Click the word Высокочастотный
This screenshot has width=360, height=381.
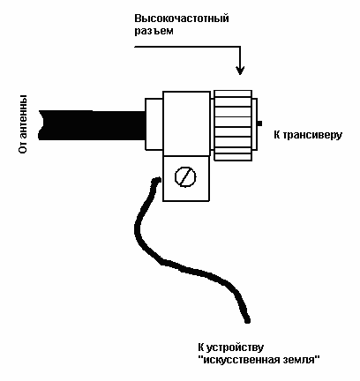182,19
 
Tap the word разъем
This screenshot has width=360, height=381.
154,31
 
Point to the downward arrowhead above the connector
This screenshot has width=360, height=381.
240,70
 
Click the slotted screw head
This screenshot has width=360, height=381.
185,176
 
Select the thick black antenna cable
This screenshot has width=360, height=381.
92,125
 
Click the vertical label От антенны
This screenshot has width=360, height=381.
23,123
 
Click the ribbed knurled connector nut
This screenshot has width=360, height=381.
233,125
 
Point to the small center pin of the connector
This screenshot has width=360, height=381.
259,123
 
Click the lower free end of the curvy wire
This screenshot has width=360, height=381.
247,320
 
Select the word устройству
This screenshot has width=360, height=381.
235,347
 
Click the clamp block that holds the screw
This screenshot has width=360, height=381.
186,178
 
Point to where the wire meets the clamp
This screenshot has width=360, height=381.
160,179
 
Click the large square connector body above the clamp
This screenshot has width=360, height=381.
186,123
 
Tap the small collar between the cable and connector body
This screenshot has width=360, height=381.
154,124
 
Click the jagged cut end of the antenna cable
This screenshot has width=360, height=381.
41,125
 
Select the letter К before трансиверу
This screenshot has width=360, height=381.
277,135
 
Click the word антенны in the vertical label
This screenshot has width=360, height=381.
23,114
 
